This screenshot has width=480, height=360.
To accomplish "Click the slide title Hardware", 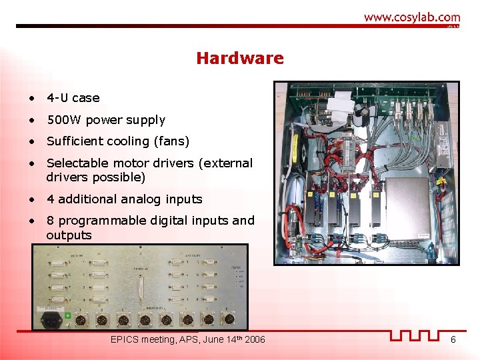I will [x=239, y=59].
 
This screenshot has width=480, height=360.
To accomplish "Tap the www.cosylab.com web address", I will [x=411, y=17].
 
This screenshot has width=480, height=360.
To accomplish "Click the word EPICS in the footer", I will [x=125, y=340].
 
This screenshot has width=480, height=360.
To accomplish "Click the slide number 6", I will [x=453, y=340].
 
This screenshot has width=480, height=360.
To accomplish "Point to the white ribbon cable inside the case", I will [x=337, y=103].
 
